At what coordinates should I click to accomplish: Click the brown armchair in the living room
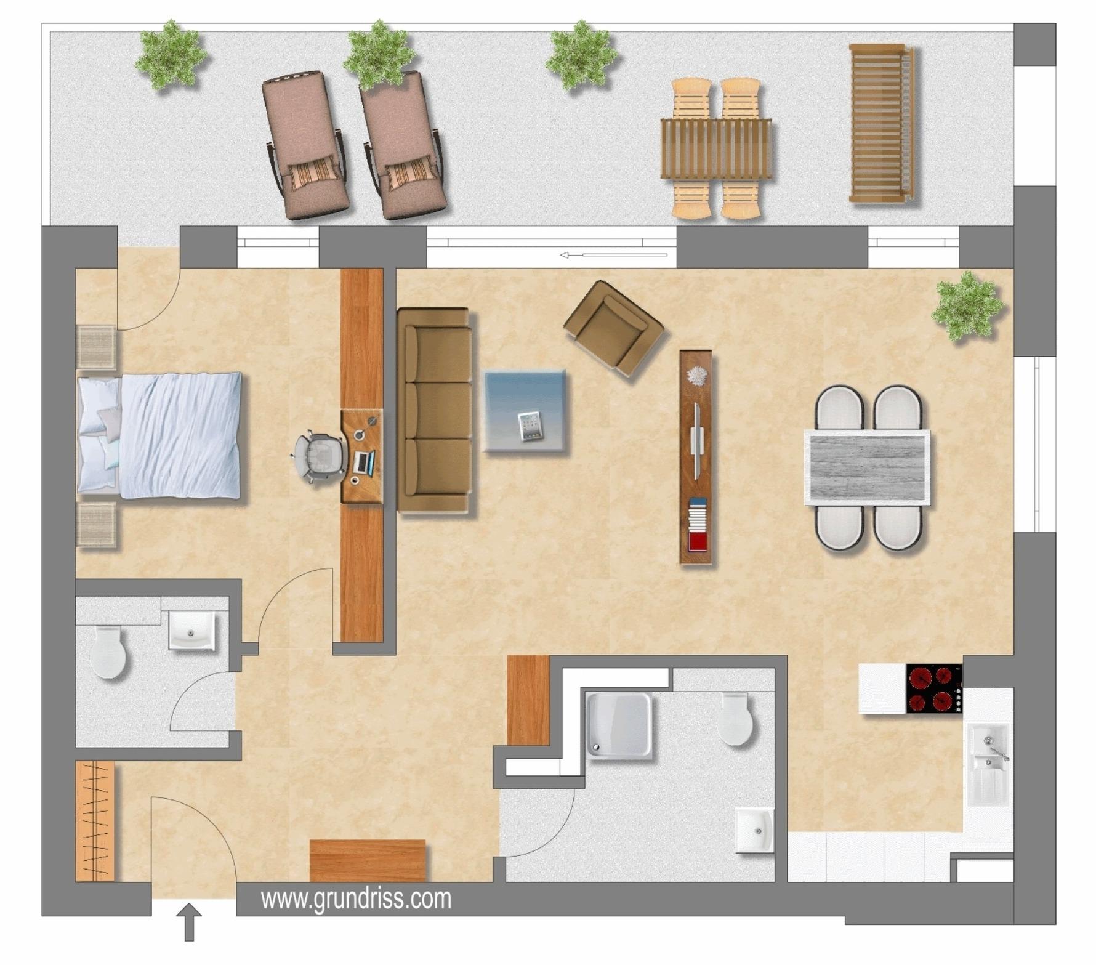click(614, 330)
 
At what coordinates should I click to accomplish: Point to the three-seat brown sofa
click(435, 411)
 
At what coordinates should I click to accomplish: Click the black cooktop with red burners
click(934, 689)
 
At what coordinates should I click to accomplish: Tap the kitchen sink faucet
click(997, 747)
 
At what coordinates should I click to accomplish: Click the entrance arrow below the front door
click(190, 922)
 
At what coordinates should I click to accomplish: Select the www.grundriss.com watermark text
click(356, 899)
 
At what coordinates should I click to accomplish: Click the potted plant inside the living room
click(967, 306)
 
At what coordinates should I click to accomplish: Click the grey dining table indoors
click(867, 468)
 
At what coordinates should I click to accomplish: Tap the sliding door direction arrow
click(613, 254)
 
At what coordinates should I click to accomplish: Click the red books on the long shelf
click(698, 542)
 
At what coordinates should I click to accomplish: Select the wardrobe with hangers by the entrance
click(95, 821)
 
